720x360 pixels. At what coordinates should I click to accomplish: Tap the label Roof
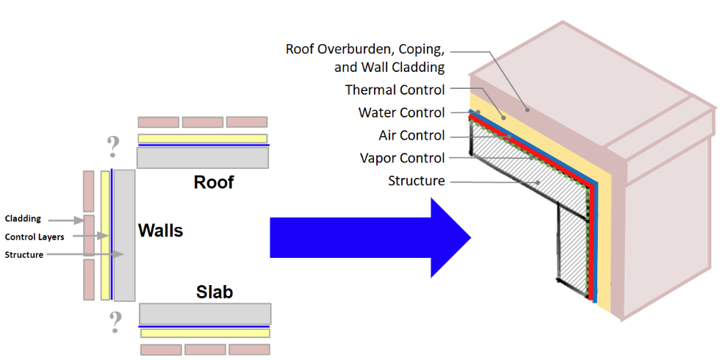pos(214,181)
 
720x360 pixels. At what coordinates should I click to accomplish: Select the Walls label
pos(160,231)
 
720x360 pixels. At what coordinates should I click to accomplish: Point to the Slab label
pos(215,292)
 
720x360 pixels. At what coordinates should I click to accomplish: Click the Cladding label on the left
pos(23,219)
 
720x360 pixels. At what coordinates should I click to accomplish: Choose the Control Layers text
pos(34,237)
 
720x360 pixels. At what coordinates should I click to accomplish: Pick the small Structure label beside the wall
pos(24,254)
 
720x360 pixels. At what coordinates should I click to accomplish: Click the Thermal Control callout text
pos(395,90)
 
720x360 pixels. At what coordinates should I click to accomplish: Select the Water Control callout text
pos(401,113)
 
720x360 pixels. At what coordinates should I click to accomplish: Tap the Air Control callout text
pos(411,135)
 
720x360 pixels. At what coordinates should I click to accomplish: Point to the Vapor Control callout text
pos(402,158)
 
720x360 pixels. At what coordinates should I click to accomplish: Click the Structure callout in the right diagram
pos(416,181)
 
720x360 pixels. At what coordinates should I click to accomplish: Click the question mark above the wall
pos(113,147)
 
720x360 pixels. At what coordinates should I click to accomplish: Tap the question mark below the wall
pos(115,322)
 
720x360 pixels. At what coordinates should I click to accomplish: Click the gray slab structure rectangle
pos(205,314)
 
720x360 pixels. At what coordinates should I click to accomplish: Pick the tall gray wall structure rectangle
pos(124,235)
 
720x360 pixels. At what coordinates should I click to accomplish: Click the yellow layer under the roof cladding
pos(202,138)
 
